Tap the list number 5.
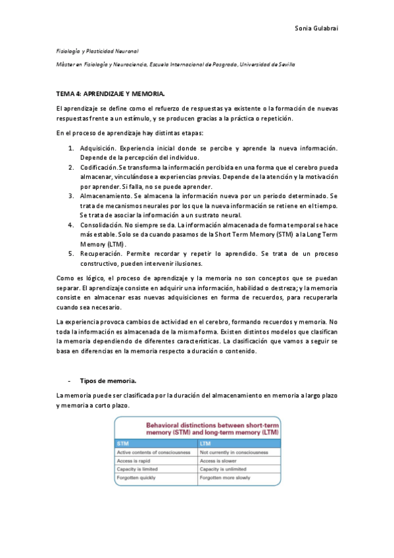(x=71, y=253)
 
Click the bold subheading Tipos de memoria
(x=109, y=380)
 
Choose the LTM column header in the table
(x=206, y=444)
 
